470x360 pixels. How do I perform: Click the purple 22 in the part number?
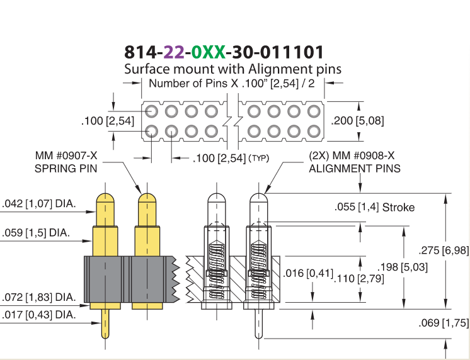click(174, 52)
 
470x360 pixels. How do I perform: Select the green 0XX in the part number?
click(208, 52)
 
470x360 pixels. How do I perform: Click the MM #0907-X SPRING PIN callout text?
click(66, 162)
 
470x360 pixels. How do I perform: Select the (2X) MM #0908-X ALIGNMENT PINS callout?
click(355, 162)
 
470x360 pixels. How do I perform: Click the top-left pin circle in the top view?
click(151, 111)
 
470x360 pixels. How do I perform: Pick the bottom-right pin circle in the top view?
click(314, 132)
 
